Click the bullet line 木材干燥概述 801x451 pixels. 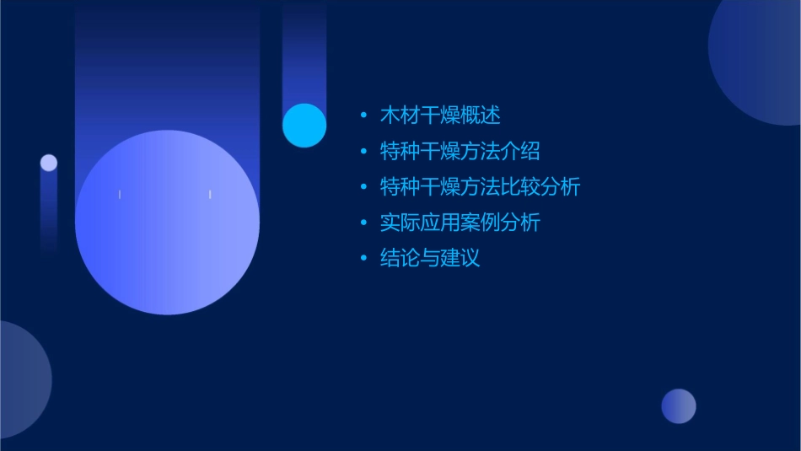tap(440, 115)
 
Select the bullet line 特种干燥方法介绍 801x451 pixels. tap(460, 152)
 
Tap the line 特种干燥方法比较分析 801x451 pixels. tap(480, 187)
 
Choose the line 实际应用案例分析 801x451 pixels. tap(460, 223)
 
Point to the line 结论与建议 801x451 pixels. tap(430, 259)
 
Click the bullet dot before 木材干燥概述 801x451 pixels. tap(363, 115)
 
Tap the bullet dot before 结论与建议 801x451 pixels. tap(363, 259)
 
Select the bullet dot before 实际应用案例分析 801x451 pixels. tap(363, 223)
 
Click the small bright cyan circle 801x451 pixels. tap(304, 126)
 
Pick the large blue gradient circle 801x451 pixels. tap(167, 223)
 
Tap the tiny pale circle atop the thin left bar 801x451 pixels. tap(49, 163)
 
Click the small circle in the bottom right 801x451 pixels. tap(679, 406)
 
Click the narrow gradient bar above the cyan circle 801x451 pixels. tap(304, 51)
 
